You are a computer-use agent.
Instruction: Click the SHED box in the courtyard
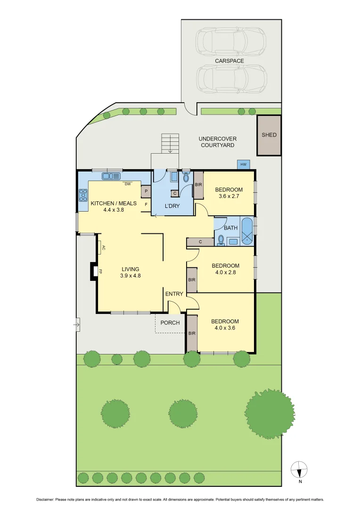[x=269, y=135]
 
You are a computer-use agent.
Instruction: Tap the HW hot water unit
[x=243, y=164]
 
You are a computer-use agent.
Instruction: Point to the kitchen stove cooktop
[x=83, y=195]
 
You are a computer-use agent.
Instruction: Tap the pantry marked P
[x=146, y=192]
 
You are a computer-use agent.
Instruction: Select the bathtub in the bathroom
[x=247, y=231]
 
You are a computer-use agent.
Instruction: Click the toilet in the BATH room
[x=221, y=240]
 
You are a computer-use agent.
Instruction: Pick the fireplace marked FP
[x=94, y=271]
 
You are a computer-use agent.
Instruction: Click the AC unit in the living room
[x=101, y=247]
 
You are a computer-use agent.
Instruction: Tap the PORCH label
[x=170, y=323]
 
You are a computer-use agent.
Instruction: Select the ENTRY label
[x=174, y=294]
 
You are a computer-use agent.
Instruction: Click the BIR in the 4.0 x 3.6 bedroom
[x=192, y=333]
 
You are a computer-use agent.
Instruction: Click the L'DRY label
[x=172, y=206]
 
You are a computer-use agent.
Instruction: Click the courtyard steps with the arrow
[x=170, y=142]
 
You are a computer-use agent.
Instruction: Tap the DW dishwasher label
[x=128, y=184]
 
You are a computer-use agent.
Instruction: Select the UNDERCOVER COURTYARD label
[x=217, y=142]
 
